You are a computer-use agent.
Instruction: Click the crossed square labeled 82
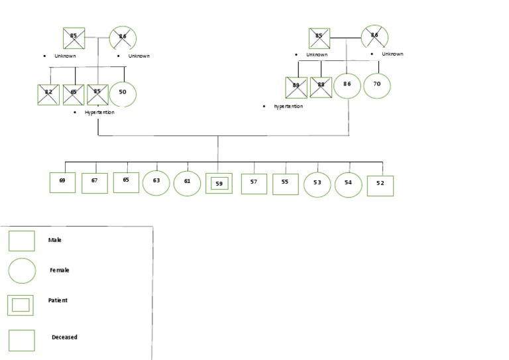point(48,95)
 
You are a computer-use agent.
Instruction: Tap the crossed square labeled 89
point(296,88)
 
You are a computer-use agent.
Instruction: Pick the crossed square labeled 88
point(321,88)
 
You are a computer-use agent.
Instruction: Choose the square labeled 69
point(62,182)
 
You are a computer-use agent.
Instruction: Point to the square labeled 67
point(94,183)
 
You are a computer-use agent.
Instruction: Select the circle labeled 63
point(156,182)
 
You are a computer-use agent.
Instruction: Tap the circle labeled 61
point(188,183)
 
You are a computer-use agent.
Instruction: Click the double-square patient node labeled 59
point(219,184)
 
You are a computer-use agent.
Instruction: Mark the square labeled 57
point(254,184)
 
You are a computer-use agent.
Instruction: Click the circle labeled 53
point(317,184)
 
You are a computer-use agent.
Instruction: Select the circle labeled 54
point(348,184)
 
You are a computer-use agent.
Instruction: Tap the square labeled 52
point(380,186)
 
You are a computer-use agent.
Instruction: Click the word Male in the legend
point(54,240)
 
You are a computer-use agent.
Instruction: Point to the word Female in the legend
point(59,270)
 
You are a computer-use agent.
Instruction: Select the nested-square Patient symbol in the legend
point(21,305)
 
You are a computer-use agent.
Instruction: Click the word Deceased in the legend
point(64,337)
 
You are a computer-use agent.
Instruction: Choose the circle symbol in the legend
point(22,271)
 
